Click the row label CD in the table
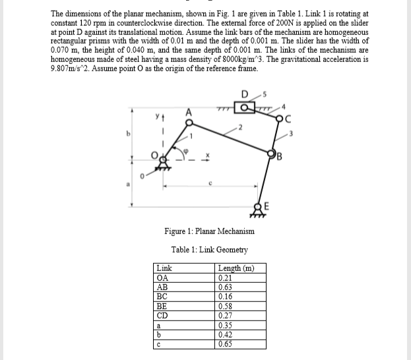pyautogui.click(x=162, y=315)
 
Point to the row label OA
pyautogui.click(x=162, y=278)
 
